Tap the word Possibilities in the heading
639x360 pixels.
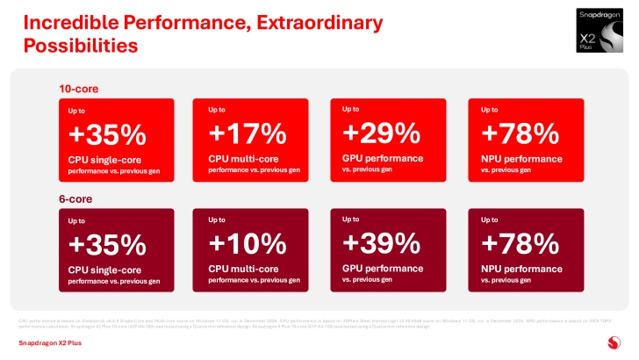tap(80, 44)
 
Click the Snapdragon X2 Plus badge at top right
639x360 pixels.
tap(600, 32)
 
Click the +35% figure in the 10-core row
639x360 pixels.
tap(106, 135)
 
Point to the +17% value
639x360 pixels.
tap(248, 133)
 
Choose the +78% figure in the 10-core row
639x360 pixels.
tap(521, 133)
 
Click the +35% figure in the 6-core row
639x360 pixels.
tap(106, 244)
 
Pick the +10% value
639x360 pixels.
tap(248, 243)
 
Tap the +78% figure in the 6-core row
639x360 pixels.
tap(521, 243)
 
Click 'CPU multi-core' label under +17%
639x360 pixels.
tap(242, 158)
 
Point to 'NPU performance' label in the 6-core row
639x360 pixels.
tap(521, 269)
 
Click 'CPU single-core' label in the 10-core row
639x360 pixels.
tap(104, 160)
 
